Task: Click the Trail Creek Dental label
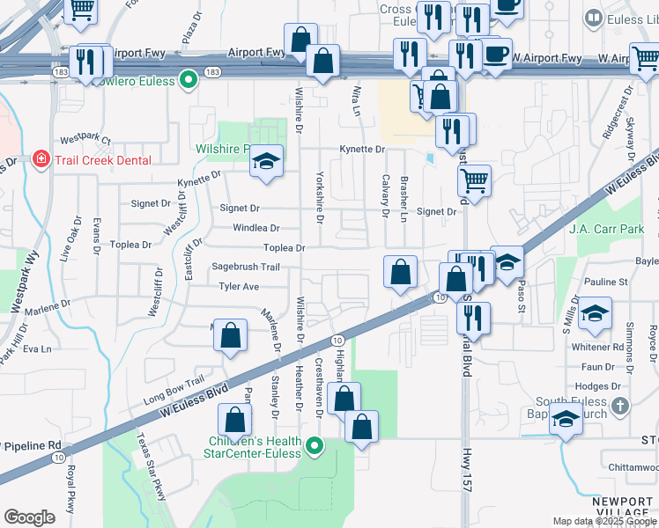click(102, 159)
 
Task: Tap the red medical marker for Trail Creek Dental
click(40, 159)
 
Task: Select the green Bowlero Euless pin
click(188, 80)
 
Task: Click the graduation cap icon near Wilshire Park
click(265, 161)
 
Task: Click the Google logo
click(29, 517)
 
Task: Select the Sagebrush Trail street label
click(246, 267)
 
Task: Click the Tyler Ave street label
click(239, 286)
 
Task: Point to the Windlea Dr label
click(255, 228)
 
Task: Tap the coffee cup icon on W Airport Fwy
click(496, 53)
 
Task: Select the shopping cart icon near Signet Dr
click(474, 180)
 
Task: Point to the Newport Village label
click(622, 506)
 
